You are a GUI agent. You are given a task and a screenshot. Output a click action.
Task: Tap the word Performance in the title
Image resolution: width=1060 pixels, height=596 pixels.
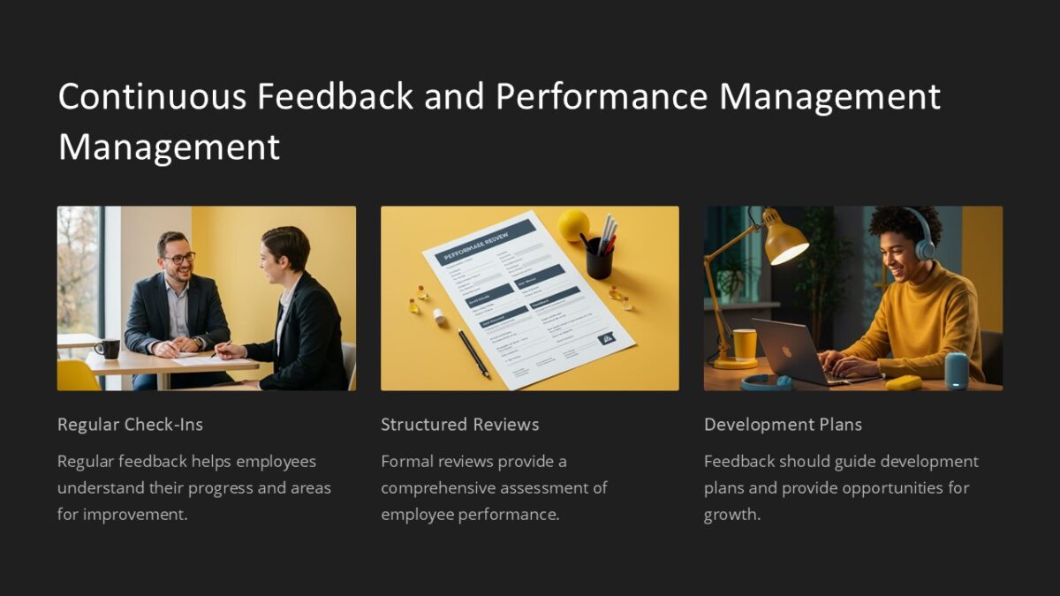coord(602,96)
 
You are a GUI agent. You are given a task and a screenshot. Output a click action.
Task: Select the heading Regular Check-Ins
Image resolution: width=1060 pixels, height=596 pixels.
coord(130,425)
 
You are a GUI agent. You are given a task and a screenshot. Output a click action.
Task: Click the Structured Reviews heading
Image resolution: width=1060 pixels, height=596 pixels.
coord(459,425)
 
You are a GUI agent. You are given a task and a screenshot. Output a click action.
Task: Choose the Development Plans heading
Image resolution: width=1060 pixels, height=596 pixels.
coord(783,425)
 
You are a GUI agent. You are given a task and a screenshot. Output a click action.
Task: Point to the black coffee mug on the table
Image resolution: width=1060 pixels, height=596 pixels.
coord(107,348)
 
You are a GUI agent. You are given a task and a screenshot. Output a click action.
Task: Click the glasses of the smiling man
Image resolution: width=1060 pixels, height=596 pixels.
coord(178,259)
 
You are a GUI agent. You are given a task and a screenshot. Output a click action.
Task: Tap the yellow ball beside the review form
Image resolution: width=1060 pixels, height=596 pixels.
coord(573,225)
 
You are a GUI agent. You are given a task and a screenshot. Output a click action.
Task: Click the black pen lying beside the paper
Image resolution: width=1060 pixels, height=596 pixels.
coord(473,353)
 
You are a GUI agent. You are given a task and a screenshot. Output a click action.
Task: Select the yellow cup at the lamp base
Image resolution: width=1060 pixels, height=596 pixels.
coord(745,344)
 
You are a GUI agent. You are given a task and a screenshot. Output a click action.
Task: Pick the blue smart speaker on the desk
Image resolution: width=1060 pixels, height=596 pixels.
coord(956,371)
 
